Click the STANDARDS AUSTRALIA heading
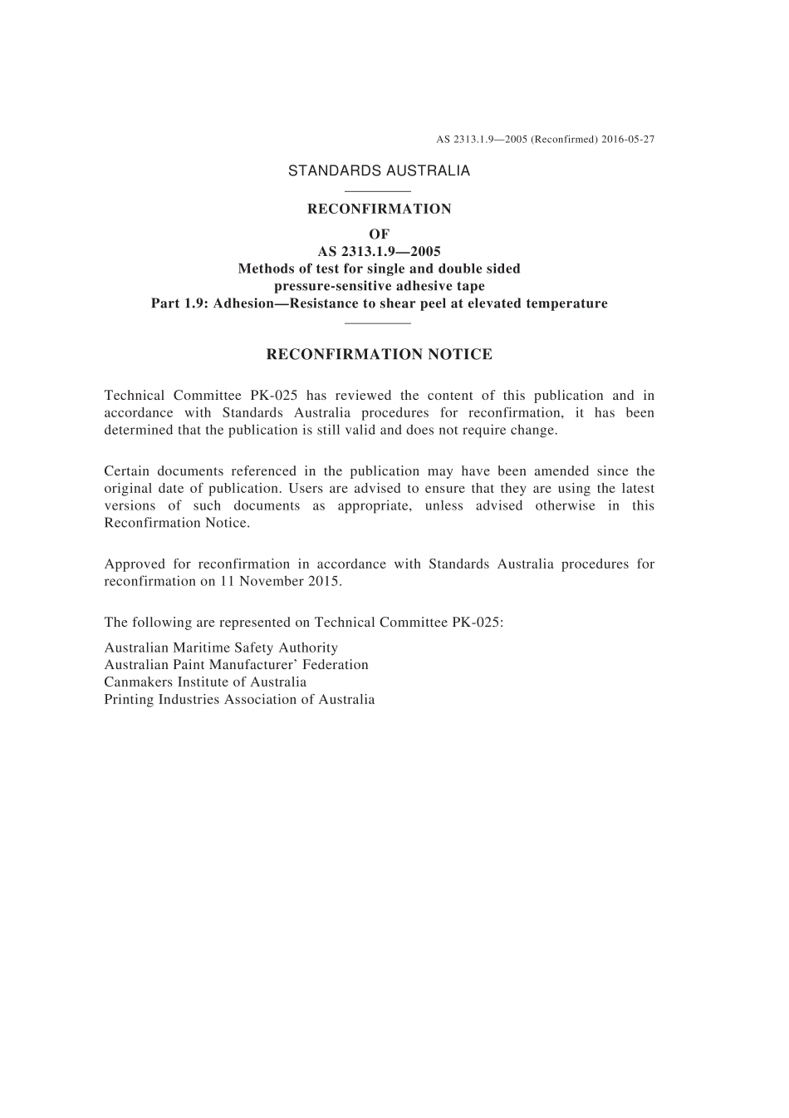[x=379, y=171]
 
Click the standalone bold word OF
[x=379, y=234]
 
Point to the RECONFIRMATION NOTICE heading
[x=379, y=355]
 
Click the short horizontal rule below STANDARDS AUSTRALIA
[x=378, y=193]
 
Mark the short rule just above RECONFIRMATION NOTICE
[x=378, y=323]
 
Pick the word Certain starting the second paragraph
[x=127, y=471]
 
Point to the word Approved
[x=135, y=564]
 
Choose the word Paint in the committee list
[x=188, y=665]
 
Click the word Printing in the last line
[x=129, y=700]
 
